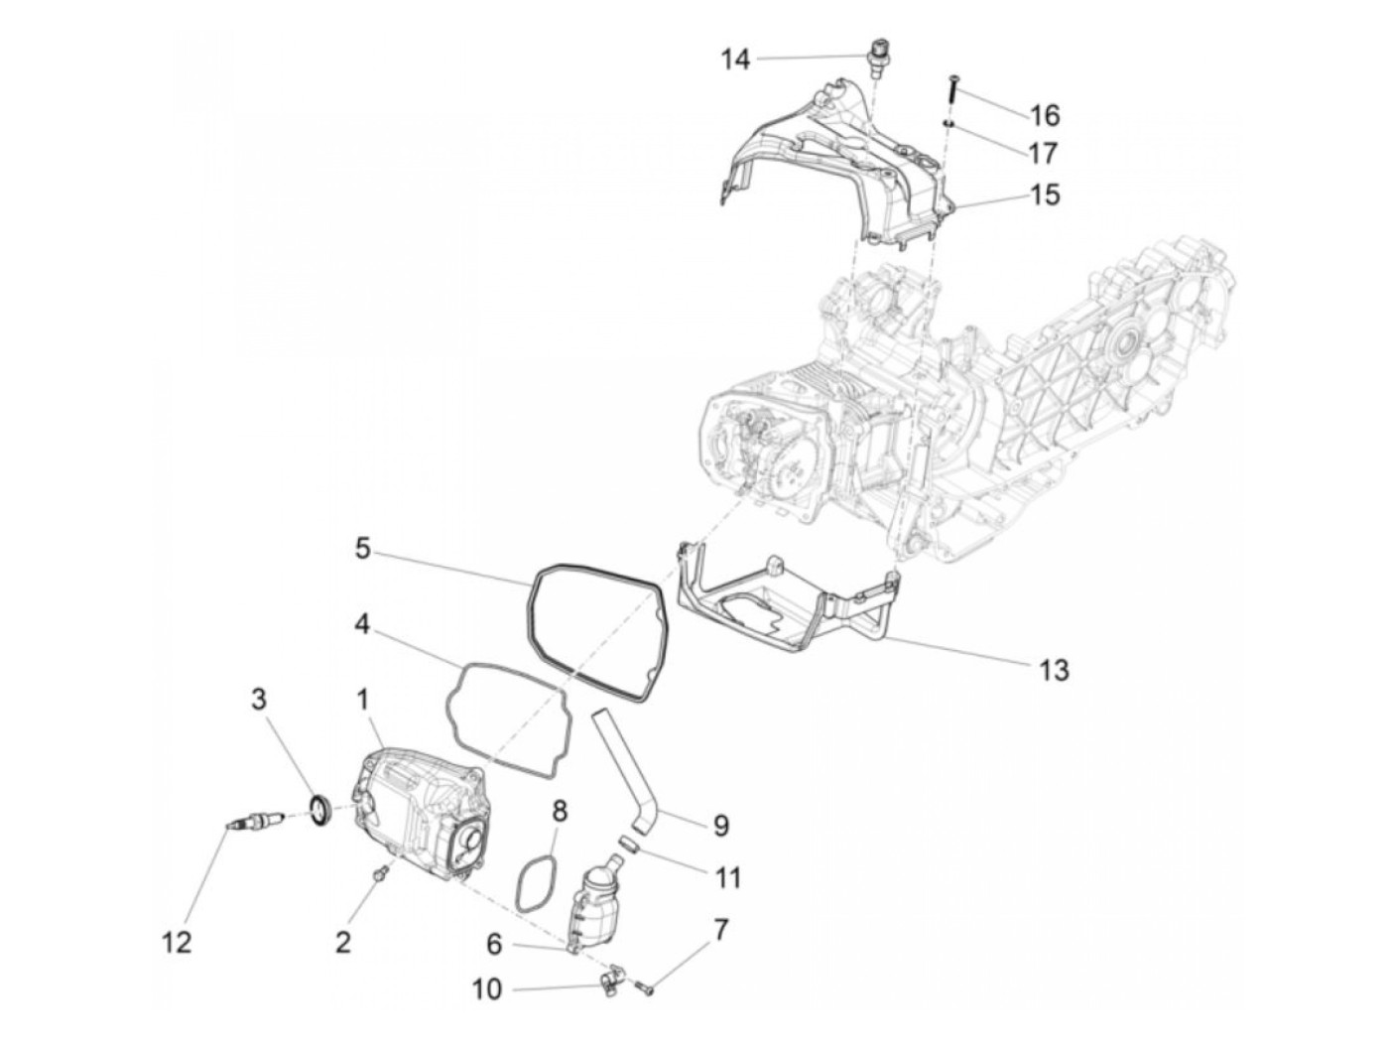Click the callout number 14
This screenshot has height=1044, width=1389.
735,60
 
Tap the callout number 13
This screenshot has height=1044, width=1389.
1055,671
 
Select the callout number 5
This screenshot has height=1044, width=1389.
363,548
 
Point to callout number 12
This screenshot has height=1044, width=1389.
177,942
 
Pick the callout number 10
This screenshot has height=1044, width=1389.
487,989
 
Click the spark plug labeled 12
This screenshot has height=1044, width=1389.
254,820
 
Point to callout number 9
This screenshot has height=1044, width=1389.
720,826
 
